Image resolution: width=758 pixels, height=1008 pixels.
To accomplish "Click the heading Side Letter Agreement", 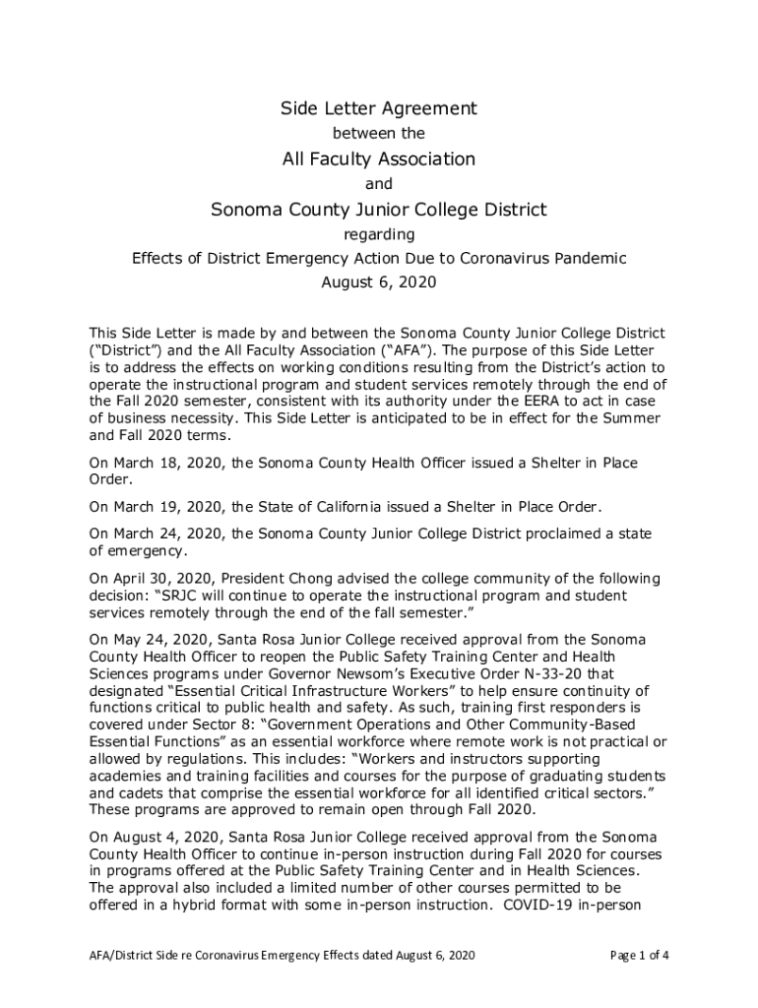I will point(379,108).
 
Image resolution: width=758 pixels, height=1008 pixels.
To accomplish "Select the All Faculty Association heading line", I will point(379,158).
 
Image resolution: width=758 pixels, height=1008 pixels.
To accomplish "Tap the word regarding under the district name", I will point(379,234).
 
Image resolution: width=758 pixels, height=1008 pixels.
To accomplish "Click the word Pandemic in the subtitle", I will point(591,259).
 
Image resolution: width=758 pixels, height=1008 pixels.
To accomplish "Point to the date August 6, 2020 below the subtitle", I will point(379,283).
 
